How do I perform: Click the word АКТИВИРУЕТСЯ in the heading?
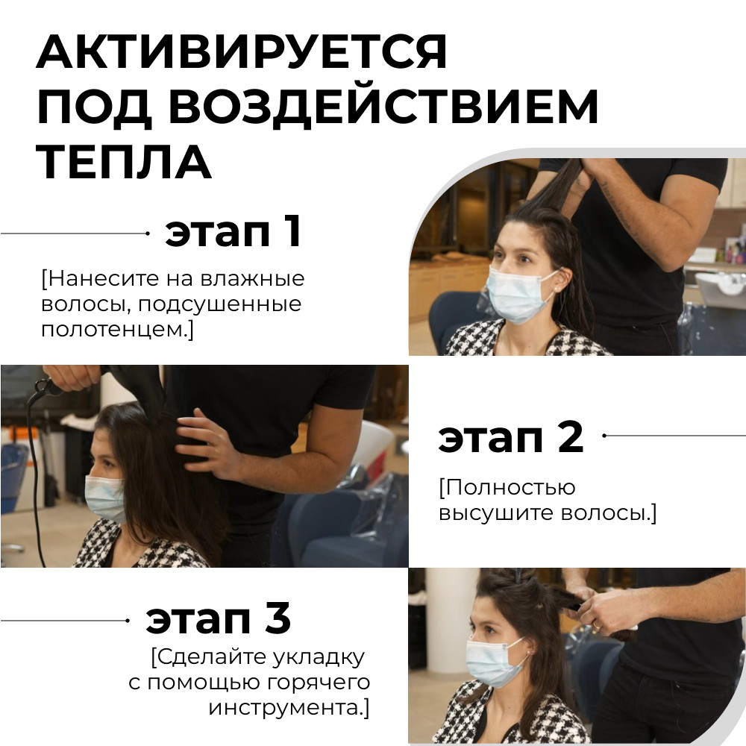click(x=242, y=51)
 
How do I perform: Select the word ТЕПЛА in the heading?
click(x=124, y=163)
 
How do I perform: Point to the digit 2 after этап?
click(x=568, y=437)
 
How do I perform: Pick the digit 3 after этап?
click(x=277, y=619)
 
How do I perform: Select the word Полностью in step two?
click(x=507, y=488)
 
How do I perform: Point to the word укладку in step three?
click(x=322, y=657)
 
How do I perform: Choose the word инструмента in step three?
click(x=289, y=707)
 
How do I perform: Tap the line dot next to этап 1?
click(x=147, y=233)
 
